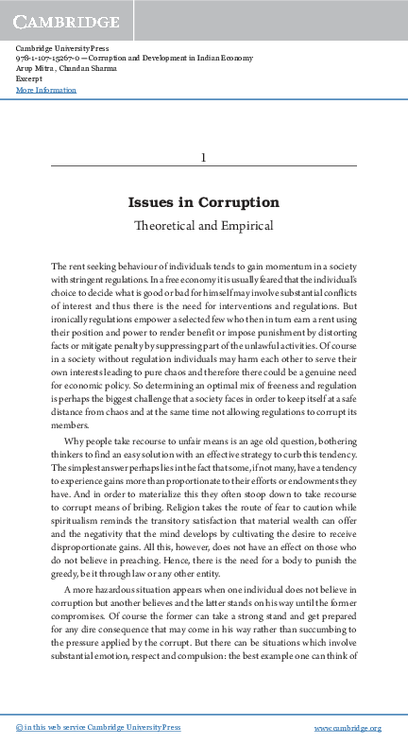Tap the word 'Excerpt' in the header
tap(30, 78)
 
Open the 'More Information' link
tap(46, 90)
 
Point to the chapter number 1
tap(203, 157)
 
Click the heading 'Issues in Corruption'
tap(203, 202)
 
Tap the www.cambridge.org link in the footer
tap(347, 728)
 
